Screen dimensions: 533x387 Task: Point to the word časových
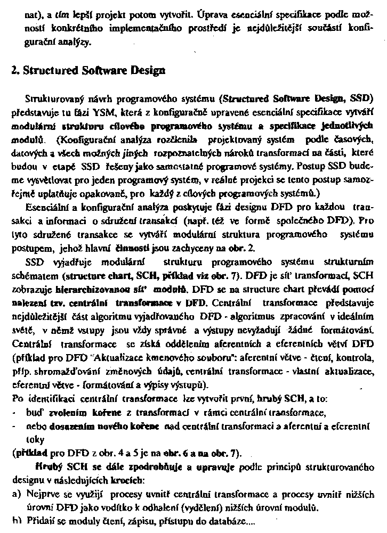point(357,138)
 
